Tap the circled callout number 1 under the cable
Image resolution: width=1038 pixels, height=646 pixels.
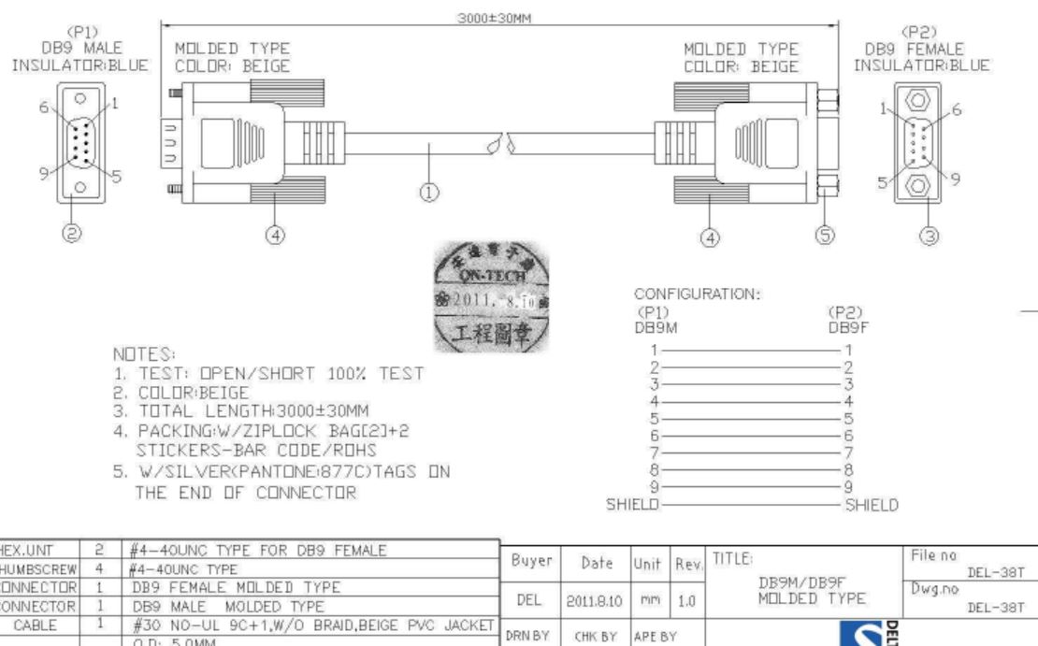click(x=429, y=193)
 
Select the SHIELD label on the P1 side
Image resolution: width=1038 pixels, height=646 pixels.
click(x=631, y=505)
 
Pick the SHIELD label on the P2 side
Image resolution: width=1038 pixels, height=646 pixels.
click(x=872, y=505)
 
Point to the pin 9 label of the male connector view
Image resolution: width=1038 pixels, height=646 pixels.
click(x=42, y=172)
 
